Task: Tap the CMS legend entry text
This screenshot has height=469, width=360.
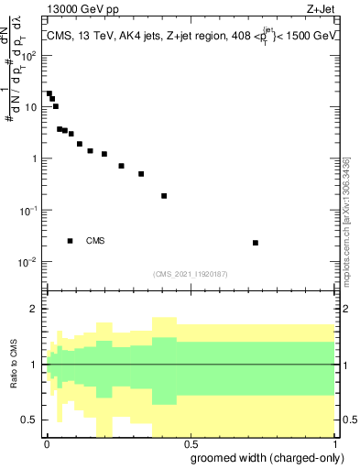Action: [x=95, y=241]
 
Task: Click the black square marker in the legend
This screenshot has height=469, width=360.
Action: [x=71, y=241]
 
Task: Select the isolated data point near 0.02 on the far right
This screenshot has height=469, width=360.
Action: [x=256, y=243]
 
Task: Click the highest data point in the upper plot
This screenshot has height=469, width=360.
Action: [x=49, y=93]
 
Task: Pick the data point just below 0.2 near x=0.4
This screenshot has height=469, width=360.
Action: [x=164, y=196]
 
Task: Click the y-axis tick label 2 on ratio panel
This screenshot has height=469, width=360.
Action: [x=34, y=309]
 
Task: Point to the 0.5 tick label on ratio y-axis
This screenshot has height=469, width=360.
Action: [x=30, y=420]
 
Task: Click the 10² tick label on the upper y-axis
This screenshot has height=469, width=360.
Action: [x=29, y=55]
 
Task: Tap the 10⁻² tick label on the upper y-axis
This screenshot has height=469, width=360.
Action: [x=28, y=262]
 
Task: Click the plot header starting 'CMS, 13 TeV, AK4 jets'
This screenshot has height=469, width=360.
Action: [x=190, y=36]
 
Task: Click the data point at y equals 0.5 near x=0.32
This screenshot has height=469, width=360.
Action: [x=141, y=174]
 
